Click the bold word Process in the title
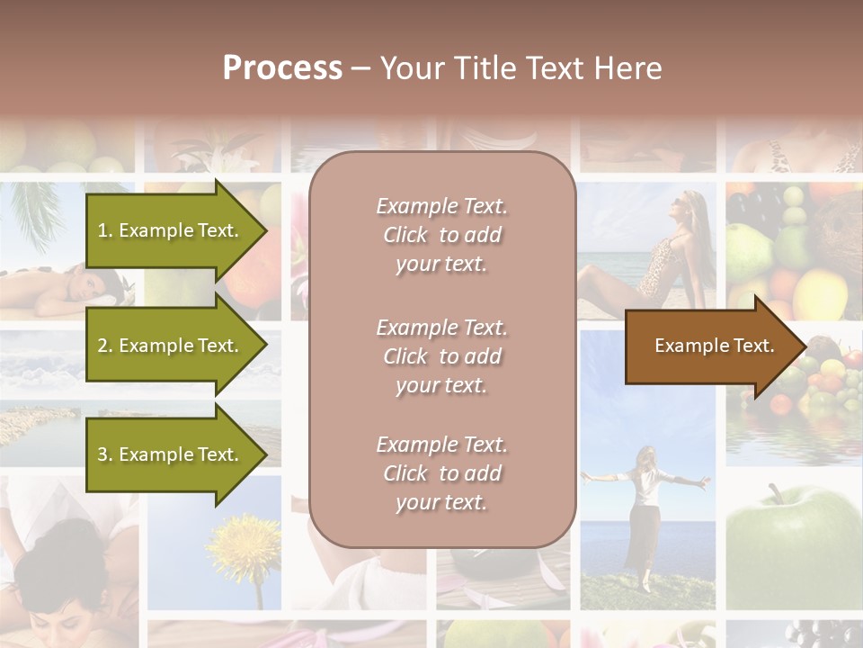click(x=282, y=68)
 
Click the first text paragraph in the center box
click(x=441, y=235)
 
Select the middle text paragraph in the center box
click(x=441, y=356)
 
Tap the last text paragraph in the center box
click(x=441, y=473)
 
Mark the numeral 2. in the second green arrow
click(x=105, y=346)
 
